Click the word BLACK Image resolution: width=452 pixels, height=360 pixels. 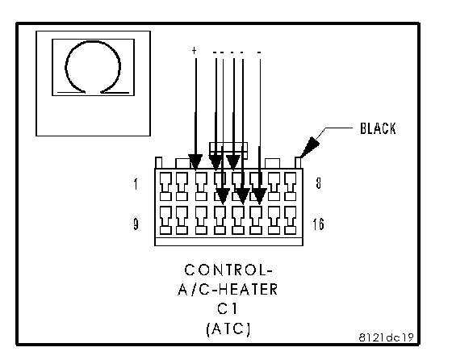(x=378, y=128)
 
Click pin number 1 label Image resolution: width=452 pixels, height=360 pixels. (x=136, y=184)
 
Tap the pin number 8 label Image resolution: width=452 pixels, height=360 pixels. (x=318, y=183)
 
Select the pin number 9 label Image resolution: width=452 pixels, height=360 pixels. (x=136, y=224)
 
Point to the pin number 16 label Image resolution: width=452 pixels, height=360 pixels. (x=318, y=224)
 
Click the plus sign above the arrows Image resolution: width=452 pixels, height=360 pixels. (x=194, y=51)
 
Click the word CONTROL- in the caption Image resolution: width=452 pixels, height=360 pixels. (x=228, y=270)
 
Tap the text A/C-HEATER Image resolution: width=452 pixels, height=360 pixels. (x=228, y=290)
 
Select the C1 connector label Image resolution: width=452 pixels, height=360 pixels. (x=228, y=308)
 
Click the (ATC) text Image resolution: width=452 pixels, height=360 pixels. (x=228, y=329)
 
